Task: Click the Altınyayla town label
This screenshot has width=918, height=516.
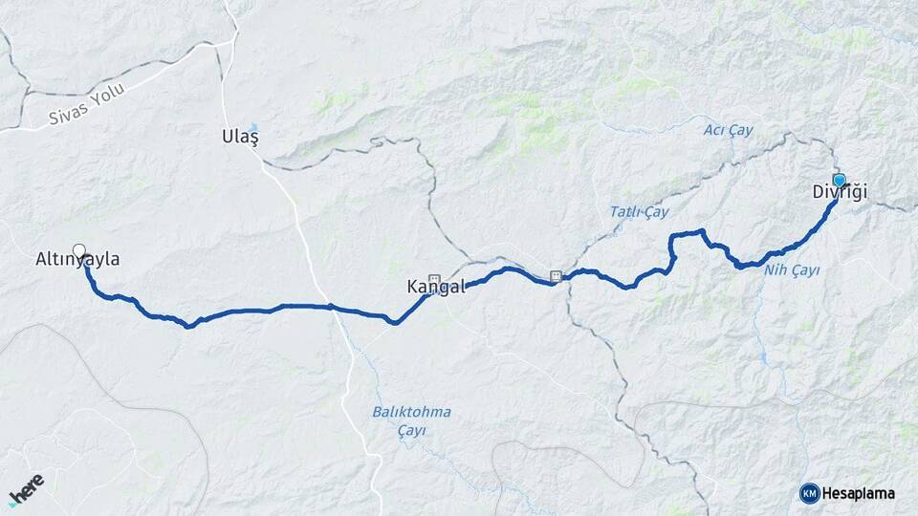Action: coord(77,259)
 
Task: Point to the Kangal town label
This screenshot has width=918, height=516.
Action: coord(436,287)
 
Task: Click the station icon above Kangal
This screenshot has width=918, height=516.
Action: coord(434,280)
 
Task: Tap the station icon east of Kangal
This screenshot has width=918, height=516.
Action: coord(556,277)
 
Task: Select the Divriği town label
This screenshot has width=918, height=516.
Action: coord(840,192)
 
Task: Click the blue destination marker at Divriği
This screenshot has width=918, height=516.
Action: coord(840,180)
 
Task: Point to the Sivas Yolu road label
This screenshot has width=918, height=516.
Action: coord(87,110)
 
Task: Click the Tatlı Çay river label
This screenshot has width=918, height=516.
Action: coord(639,211)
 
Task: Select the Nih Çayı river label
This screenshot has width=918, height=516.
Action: coord(792,270)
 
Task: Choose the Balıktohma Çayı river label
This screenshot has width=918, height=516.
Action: coord(411,420)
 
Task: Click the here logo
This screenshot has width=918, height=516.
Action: coord(27,488)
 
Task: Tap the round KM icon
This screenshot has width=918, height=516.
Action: coord(809,493)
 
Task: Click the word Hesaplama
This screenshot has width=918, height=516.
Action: coord(859,493)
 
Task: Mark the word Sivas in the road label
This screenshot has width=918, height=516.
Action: coord(68,116)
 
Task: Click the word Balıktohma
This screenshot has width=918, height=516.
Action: coord(411,412)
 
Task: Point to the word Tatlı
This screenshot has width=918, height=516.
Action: coord(625,212)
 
